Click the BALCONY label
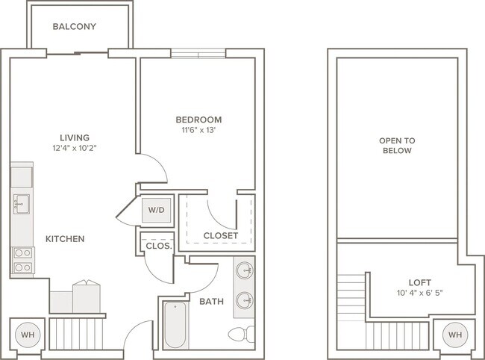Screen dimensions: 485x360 (74, 27)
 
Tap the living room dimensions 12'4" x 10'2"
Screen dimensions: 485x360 (75, 148)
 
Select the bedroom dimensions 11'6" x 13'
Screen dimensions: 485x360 (198, 130)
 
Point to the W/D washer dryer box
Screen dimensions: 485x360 (156, 210)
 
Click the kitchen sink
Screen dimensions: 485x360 (22, 205)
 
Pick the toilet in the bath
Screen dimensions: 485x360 (242, 335)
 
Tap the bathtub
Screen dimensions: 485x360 (175, 325)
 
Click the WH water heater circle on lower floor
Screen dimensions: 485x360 (28, 335)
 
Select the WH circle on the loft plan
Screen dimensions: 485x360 (455, 335)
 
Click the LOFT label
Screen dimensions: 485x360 (420, 282)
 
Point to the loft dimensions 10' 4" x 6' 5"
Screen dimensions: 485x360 (420, 293)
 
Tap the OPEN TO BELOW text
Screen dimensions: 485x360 (397, 146)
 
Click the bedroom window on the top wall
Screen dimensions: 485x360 (198, 54)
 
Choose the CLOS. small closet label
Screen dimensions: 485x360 (159, 246)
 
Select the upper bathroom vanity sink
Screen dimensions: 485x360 (245, 270)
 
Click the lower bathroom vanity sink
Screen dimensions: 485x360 (245, 300)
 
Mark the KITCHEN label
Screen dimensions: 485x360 (65, 239)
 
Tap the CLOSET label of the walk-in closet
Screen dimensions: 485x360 (221, 236)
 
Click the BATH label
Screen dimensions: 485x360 (212, 302)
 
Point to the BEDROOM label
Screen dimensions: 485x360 (198, 120)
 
